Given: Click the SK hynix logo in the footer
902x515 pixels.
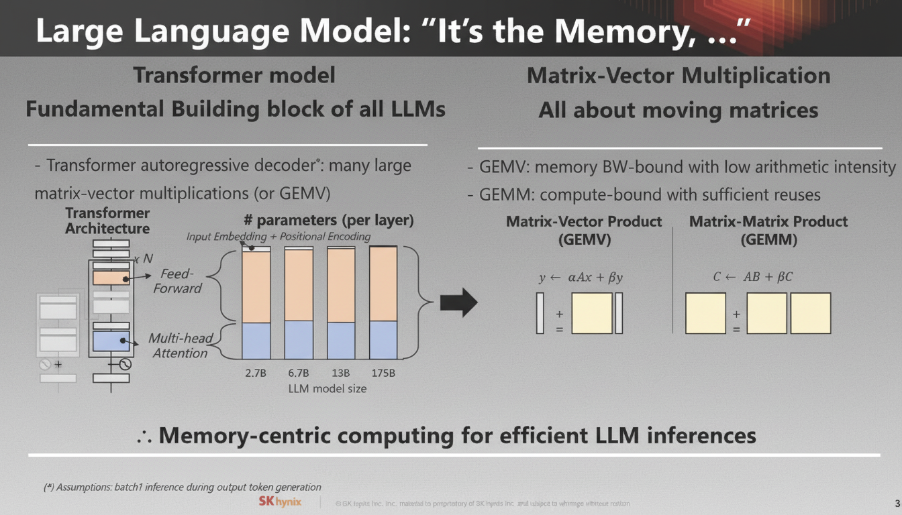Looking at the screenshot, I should point(280,502).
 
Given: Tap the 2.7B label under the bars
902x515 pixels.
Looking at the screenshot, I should point(256,373).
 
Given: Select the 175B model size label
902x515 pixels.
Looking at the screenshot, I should point(383,373).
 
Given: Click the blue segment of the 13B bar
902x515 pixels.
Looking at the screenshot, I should point(341,340).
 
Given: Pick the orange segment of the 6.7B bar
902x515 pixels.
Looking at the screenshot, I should point(299,285).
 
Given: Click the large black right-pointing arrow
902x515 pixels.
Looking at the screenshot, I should point(458,303).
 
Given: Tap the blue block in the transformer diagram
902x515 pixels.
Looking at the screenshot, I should point(111,341).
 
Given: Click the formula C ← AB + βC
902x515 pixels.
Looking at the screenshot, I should point(752,276).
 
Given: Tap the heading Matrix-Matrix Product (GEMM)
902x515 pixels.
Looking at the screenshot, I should point(768,230).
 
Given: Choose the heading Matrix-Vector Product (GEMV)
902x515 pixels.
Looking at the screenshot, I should point(584,230).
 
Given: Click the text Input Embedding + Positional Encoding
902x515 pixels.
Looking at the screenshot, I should point(278,237).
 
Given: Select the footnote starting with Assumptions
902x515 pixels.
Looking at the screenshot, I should point(181,487).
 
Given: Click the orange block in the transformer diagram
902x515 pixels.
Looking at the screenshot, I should point(111,277).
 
